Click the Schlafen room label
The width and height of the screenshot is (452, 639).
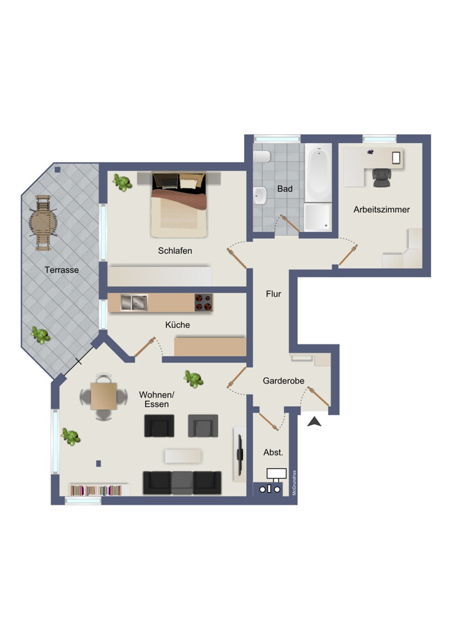tap(175, 250)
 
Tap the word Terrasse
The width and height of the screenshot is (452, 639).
tap(61, 270)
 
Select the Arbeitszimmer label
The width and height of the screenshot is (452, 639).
tap(382, 210)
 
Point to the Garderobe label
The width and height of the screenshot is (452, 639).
tap(283, 381)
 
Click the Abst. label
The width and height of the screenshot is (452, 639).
tap(273, 452)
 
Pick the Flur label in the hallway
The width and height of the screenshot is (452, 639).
tap(274, 294)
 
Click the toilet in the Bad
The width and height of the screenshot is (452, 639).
tap(261, 157)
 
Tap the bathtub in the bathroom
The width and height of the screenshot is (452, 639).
tap(318, 173)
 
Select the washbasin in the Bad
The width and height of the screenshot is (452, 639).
tap(260, 196)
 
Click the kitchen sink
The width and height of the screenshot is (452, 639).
tap(134, 303)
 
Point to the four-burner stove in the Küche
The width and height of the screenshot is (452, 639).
tap(203, 303)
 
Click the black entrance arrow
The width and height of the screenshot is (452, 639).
tap(315, 422)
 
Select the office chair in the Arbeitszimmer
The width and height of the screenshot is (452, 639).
tap(382, 178)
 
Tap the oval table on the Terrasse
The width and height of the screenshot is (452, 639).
tap(43, 222)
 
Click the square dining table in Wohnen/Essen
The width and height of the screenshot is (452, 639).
tap(104, 396)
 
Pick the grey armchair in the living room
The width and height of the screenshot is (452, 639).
tap(203, 426)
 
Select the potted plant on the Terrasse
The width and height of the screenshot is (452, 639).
tap(41, 335)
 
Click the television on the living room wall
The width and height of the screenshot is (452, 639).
tap(240, 454)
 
